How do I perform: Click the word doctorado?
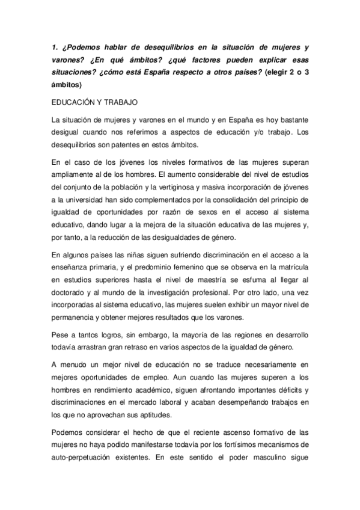70,298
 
